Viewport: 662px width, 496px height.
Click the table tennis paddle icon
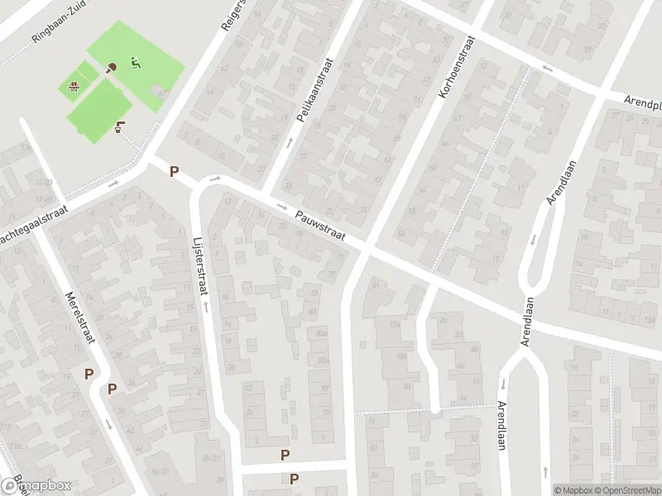pyautogui.click(x=113, y=67)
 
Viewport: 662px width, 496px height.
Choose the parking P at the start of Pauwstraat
pyautogui.click(x=174, y=171)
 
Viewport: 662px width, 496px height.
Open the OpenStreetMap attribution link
pyautogui.click(x=625, y=489)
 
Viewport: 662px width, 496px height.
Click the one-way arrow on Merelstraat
pyautogui.click(x=108, y=424)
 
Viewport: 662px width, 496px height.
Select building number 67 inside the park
pyautogui.click(x=162, y=93)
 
